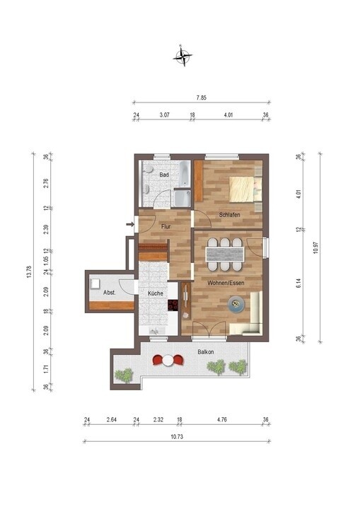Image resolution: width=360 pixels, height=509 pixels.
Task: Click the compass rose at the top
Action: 184,55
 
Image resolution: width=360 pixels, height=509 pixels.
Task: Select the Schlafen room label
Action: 229,214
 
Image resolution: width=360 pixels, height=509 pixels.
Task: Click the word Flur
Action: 165,227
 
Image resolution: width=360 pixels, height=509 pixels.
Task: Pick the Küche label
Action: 156,293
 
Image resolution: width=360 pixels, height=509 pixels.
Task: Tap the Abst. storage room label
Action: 110,293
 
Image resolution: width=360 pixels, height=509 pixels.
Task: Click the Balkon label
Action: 206,351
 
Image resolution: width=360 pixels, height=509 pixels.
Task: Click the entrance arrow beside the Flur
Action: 130,226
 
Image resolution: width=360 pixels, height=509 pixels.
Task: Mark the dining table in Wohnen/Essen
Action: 224,252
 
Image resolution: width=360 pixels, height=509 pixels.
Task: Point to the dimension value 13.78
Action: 30,271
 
